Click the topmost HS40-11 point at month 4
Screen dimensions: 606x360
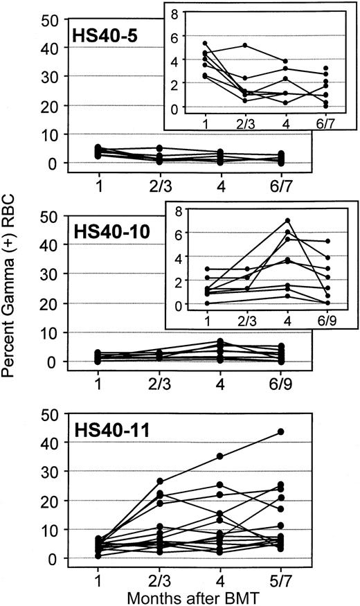[240, 456]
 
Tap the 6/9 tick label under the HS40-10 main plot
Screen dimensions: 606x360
[301, 381]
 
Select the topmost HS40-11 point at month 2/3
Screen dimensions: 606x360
[179, 481]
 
